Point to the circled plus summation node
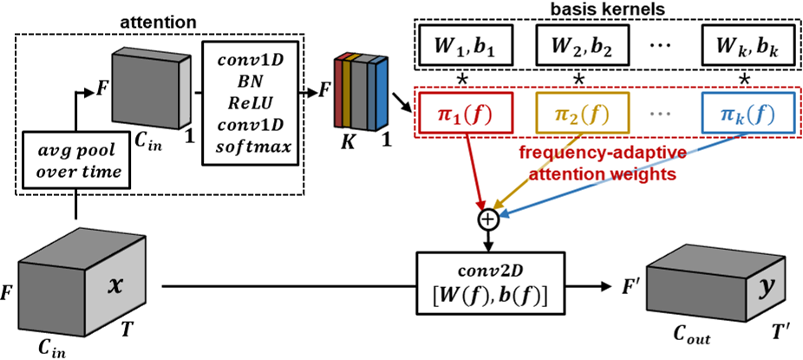click(x=490, y=220)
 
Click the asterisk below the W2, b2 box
click(x=578, y=78)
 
